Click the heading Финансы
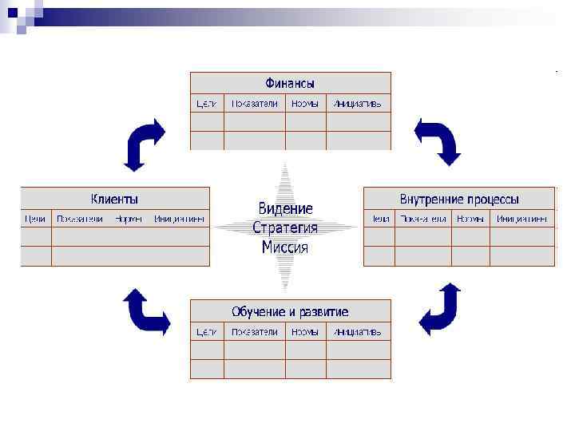pyautogui.click(x=290, y=83)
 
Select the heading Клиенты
pyautogui.click(x=114, y=199)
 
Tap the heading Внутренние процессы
pyautogui.click(x=459, y=199)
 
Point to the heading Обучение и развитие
pyautogui.click(x=290, y=311)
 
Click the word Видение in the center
pyautogui.click(x=285, y=208)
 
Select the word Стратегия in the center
pyautogui.click(x=285, y=227)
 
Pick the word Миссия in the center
pyautogui.click(x=285, y=247)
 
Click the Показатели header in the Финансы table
pyautogui.click(x=255, y=104)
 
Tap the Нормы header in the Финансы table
pyautogui.click(x=305, y=104)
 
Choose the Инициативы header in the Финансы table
pyautogui.click(x=358, y=104)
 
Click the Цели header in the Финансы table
pyautogui.click(x=207, y=104)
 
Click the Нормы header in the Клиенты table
pyautogui.click(x=129, y=218)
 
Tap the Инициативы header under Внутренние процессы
pyautogui.click(x=521, y=218)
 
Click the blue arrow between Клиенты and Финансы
pyautogui.click(x=144, y=143)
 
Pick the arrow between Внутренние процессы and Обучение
pyautogui.click(x=440, y=309)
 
